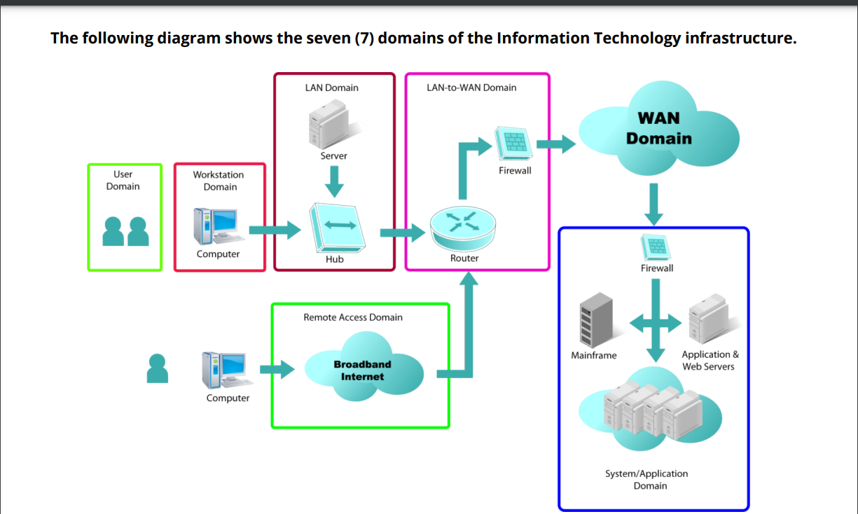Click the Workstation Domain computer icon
[217, 227]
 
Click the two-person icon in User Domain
[125, 231]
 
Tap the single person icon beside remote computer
[158, 368]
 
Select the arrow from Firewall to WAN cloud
[555, 144]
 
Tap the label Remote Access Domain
[353, 317]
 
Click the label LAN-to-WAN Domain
[471, 88]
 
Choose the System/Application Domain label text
[646, 480]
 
